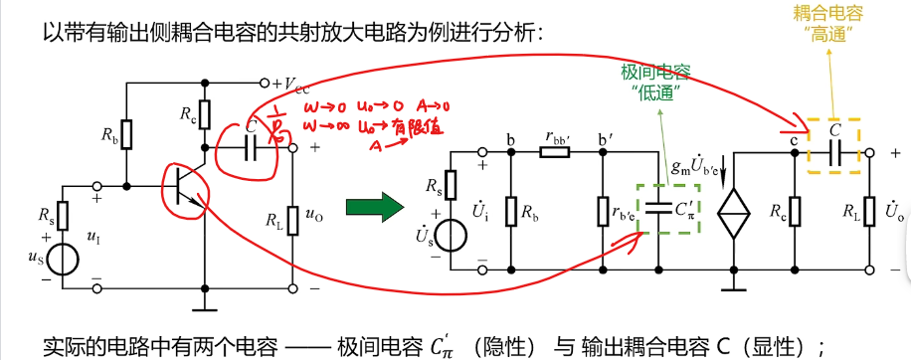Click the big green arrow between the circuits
point(374,208)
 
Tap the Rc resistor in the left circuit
point(206,112)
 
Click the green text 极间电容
point(655,74)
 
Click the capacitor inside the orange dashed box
point(834,150)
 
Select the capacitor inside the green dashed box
point(657,210)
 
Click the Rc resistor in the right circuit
point(796,211)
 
